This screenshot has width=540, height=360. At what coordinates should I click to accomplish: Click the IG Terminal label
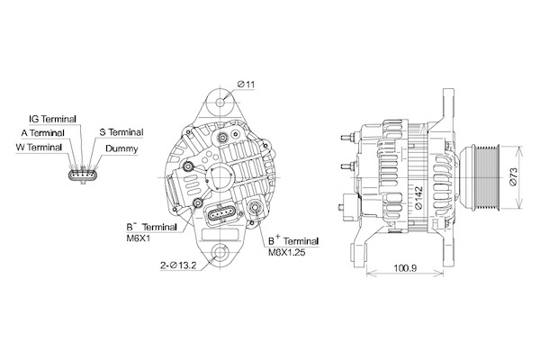[x=52, y=119]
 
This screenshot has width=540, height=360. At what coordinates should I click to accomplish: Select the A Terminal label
[x=42, y=133]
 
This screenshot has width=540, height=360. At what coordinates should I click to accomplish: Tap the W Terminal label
[x=39, y=148]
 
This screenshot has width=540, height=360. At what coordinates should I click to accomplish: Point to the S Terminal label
[x=121, y=132]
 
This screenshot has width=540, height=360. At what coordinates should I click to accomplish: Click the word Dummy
[x=121, y=148]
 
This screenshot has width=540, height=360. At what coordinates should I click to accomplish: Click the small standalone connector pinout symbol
[x=83, y=175]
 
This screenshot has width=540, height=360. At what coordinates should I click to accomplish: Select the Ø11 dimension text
[x=246, y=84]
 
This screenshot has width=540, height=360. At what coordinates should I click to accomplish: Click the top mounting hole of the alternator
[x=220, y=103]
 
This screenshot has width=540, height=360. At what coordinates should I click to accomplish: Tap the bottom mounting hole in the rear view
[x=220, y=253]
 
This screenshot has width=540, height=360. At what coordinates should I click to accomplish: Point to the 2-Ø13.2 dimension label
[x=178, y=265]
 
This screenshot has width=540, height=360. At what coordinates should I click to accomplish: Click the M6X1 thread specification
[x=138, y=238]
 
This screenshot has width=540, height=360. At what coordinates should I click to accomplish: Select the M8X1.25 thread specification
[x=286, y=253]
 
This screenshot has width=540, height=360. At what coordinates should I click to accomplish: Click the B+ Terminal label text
[x=293, y=240]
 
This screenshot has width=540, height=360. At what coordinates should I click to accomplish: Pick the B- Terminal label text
[x=151, y=227]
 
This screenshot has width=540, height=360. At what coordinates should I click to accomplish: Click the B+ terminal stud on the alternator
[x=256, y=207]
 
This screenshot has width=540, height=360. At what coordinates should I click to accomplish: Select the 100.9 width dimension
[x=405, y=267]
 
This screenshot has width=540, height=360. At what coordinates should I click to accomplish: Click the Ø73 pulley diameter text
[x=513, y=177]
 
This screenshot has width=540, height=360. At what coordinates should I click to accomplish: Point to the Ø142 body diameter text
[x=418, y=198]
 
